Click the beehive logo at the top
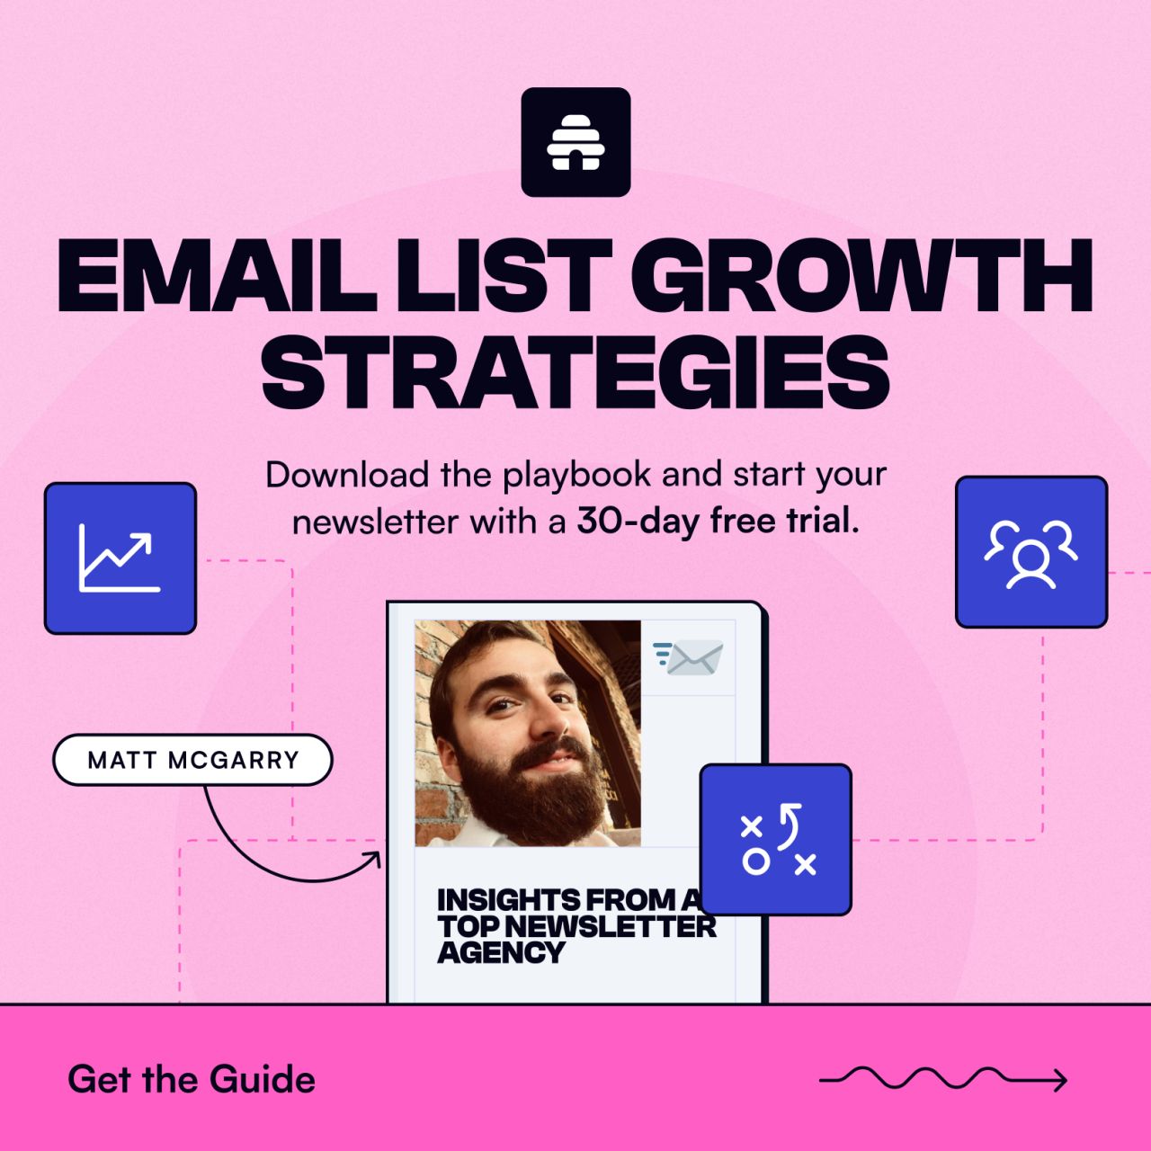point(575,142)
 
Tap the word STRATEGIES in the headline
point(575,371)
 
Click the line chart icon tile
point(120,558)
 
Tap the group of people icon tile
point(1031,552)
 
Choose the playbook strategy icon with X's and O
point(775,839)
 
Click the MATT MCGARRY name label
point(193,760)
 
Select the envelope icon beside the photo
point(689,657)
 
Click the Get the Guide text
point(192,1079)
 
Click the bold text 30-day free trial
point(718,521)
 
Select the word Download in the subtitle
point(347,476)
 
